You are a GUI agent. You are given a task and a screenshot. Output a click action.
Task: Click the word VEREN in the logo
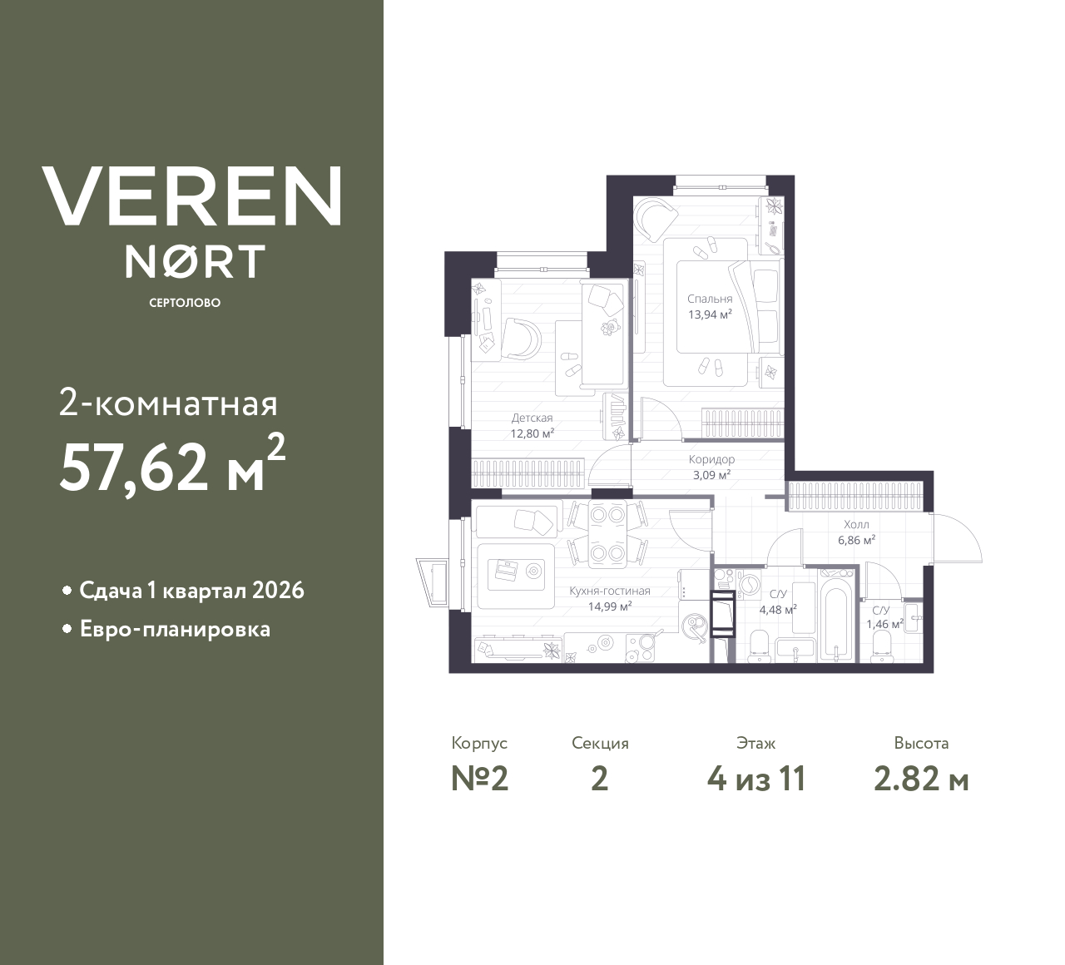(x=191, y=195)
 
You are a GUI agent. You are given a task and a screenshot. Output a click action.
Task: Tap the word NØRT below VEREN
(x=195, y=261)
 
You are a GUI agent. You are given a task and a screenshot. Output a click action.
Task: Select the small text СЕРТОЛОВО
(x=185, y=303)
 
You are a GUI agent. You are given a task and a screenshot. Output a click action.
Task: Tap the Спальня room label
(x=710, y=299)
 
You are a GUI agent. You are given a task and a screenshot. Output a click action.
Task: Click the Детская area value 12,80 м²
(x=532, y=433)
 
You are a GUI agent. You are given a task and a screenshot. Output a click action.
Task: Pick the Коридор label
(x=711, y=459)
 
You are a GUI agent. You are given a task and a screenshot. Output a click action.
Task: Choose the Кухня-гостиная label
(x=610, y=591)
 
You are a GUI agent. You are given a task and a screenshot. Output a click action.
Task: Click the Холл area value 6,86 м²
(x=856, y=541)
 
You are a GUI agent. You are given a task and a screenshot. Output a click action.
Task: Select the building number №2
(x=480, y=779)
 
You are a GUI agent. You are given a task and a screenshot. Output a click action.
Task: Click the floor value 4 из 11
(x=756, y=779)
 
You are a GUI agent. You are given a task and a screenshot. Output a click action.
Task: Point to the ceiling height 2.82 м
(x=921, y=779)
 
